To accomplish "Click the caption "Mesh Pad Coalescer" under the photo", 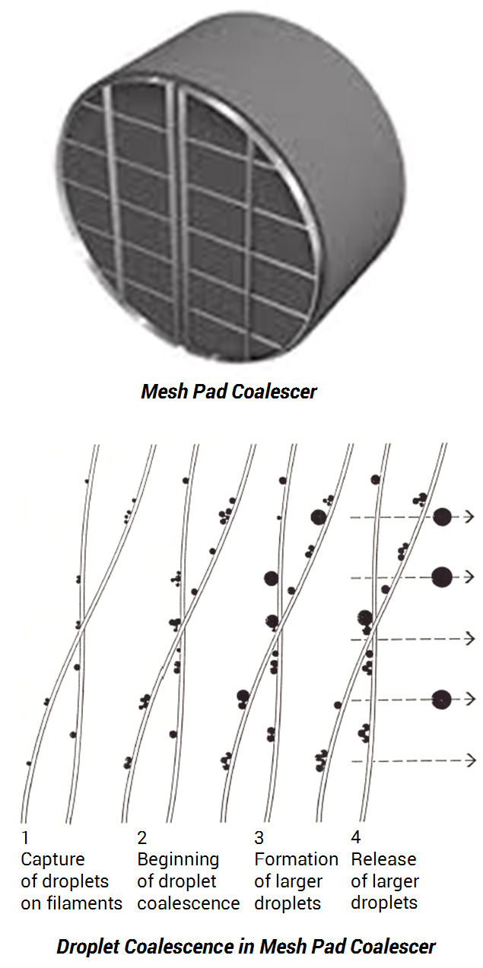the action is (x=229, y=392).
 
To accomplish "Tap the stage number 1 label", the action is (x=25, y=838).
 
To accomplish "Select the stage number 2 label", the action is (x=142, y=838).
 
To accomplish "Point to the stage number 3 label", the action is (x=259, y=838).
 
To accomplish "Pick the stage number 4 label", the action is (x=355, y=837).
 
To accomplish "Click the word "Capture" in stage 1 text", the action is (x=52, y=860).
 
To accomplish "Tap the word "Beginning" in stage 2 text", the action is (x=178, y=860).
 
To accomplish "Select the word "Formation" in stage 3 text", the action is (x=296, y=859).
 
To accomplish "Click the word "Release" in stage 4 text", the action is (x=383, y=859).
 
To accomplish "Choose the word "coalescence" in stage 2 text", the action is (x=189, y=903).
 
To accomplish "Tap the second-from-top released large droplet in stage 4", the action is (x=442, y=577).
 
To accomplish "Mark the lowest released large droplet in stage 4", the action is (x=441, y=700).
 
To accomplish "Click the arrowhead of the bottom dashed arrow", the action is (x=472, y=760).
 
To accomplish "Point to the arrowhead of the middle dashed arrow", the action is (x=471, y=638).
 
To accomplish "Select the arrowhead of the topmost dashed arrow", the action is (x=469, y=516).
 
